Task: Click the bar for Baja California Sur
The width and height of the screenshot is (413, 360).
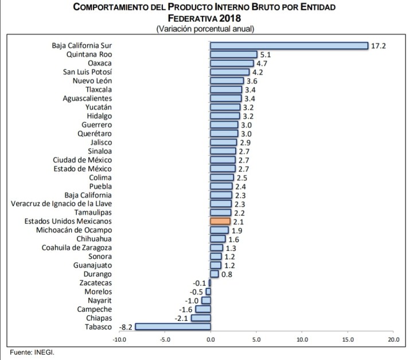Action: click(x=289, y=46)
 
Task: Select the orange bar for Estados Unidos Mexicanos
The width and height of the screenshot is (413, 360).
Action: click(x=220, y=221)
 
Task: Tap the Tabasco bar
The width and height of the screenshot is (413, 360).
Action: click(x=173, y=327)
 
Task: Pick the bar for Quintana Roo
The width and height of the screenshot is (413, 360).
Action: click(x=233, y=55)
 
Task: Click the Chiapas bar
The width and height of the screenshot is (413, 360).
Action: click(x=201, y=318)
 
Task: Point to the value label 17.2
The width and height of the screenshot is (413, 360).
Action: click(x=378, y=46)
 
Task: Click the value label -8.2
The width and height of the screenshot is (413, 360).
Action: click(x=126, y=327)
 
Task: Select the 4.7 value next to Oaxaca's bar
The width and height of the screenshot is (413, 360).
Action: click(x=262, y=63)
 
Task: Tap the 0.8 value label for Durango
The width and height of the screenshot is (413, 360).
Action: click(x=226, y=274)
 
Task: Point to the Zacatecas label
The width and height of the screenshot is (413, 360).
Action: click(x=96, y=282)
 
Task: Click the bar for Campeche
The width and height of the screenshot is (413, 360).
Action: click(x=203, y=309)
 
